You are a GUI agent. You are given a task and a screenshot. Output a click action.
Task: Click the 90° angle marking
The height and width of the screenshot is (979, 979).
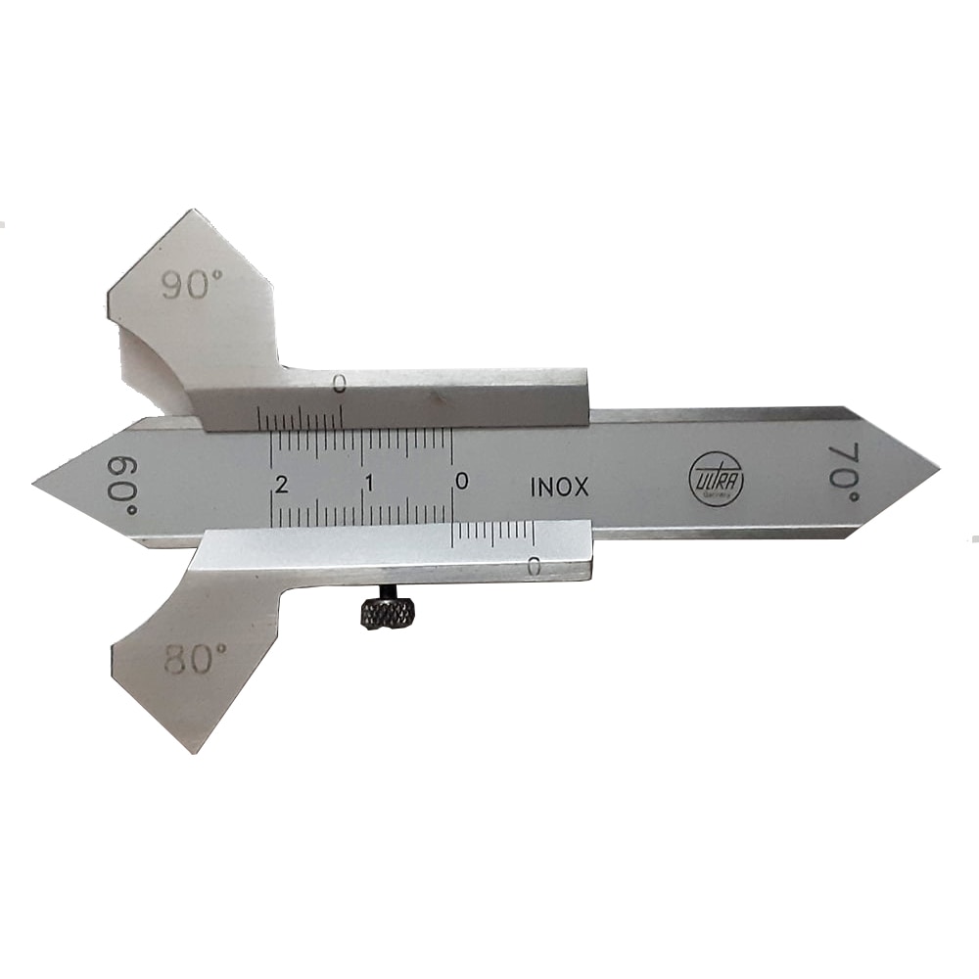click(193, 286)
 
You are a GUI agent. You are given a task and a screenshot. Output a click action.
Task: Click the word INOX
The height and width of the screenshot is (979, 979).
click(559, 487)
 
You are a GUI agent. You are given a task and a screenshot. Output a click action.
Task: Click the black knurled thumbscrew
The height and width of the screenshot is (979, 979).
click(388, 613)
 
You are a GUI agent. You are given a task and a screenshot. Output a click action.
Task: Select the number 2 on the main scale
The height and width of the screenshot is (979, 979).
click(282, 484)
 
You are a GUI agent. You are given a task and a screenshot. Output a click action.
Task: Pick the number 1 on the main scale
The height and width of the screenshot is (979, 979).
click(369, 483)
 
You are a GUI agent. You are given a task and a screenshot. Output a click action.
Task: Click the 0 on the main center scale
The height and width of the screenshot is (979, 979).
click(461, 481)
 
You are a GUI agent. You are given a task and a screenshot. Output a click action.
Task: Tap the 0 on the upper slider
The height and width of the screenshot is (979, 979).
click(339, 385)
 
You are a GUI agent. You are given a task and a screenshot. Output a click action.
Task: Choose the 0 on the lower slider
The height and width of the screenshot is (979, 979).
click(534, 566)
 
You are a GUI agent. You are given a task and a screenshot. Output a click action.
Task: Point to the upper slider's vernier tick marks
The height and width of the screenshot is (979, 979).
click(299, 419)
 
